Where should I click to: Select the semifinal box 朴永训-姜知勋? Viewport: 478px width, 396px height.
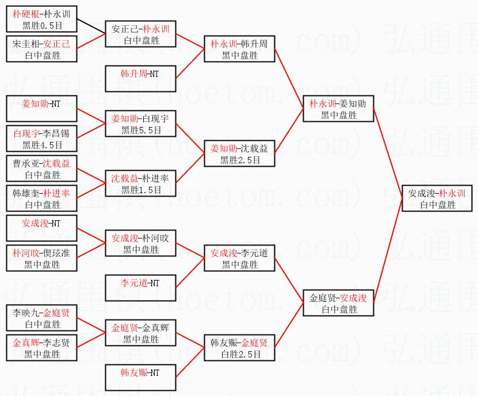coord(338,109)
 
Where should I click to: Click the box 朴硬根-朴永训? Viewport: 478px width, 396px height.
coord(41,18)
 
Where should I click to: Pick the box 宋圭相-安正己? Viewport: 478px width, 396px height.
coord(41,49)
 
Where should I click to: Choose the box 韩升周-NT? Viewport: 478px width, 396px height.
coord(140,79)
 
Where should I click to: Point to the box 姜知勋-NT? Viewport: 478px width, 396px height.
coord(41,109)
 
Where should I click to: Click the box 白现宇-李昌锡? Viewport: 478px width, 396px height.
coord(41,139)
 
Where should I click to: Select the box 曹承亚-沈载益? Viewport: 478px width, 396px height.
coord(41,168)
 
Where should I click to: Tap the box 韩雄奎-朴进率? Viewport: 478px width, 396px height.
coord(41,198)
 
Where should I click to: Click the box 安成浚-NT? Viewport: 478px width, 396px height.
coord(41,228)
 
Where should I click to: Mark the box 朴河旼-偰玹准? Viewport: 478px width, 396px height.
coord(41,258)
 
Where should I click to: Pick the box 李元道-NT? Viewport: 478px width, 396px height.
coord(140,288)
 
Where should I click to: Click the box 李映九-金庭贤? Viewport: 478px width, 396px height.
coord(41,318)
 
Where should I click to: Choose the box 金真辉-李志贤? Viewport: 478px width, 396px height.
coord(41,348)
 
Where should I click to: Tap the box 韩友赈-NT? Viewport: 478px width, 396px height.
coord(140,378)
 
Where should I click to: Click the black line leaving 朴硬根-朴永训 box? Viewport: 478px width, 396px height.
coord(91,25)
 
